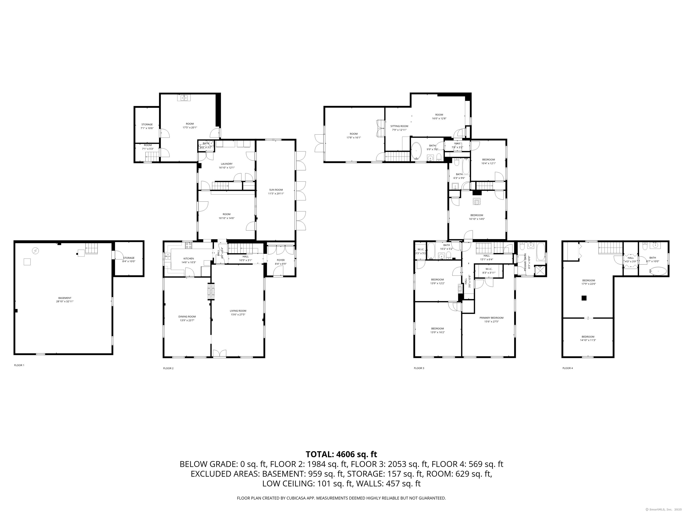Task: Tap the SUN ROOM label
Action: pos(276,190)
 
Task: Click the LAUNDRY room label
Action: pos(227,164)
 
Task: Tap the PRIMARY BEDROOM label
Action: pos(491,318)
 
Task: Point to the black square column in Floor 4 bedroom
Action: pos(584,298)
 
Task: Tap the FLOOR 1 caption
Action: pos(19,365)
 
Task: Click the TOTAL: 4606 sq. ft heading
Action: pos(341,454)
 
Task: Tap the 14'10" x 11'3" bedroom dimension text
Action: pos(588,340)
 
